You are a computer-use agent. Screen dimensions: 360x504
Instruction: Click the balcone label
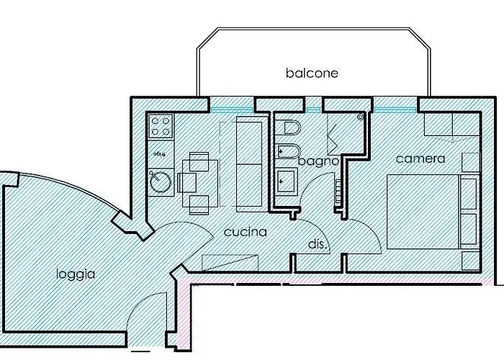(312, 73)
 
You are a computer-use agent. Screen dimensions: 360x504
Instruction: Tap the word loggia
(76, 274)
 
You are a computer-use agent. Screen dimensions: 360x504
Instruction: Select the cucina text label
(245, 232)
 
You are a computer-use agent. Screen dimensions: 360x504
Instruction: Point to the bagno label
(318, 162)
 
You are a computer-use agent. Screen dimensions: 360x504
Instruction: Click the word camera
(420, 158)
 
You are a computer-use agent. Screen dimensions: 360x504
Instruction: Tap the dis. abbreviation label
(318, 245)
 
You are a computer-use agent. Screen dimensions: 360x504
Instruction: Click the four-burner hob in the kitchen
(160, 128)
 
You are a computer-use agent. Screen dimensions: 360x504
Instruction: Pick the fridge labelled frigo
(160, 154)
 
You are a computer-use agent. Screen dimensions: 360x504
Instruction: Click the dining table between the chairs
(197, 184)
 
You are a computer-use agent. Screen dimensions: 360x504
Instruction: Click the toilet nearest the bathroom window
(292, 130)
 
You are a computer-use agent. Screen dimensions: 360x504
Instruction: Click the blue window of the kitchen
(228, 109)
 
